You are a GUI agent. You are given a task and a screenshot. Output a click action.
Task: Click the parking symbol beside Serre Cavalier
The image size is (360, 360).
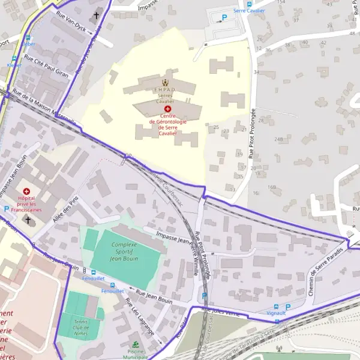pos(225,17)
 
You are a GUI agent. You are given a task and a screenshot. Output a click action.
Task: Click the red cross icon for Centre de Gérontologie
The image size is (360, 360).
pos(167,109)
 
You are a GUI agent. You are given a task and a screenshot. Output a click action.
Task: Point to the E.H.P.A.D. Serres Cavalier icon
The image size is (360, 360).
pos(165,82)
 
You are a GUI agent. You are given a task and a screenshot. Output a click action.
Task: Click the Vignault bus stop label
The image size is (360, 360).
pos(275,313)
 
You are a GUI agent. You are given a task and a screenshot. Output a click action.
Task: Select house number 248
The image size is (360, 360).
pos(278,139)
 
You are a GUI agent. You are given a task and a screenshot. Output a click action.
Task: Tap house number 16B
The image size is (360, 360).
pos(272,187)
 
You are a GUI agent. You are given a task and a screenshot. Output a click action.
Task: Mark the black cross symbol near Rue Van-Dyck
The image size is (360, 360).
pos(97,16)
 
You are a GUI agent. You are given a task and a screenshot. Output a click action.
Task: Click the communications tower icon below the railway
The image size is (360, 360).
pos(278,349)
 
